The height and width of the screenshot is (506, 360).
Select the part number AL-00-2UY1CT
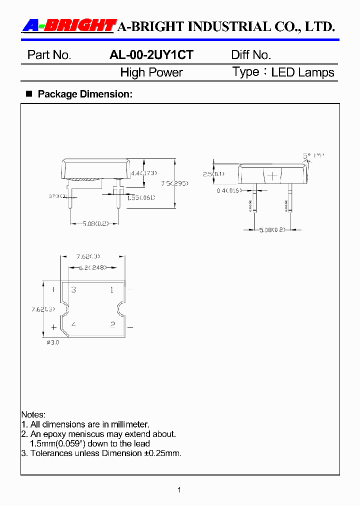(151, 55)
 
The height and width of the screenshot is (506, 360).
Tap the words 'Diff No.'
(250, 55)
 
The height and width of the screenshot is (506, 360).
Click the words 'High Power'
(151, 72)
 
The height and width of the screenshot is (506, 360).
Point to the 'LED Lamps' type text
(302, 72)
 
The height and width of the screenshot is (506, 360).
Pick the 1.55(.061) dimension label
(140, 198)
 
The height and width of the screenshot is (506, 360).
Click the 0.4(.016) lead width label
(229, 190)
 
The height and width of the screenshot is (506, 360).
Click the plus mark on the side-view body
(272, 176)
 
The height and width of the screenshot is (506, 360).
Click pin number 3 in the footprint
(73, 290)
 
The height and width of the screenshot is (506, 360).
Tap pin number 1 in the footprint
(112, 290)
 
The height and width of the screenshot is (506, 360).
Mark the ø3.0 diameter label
(52, 342)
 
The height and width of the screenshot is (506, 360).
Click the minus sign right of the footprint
(130, 327)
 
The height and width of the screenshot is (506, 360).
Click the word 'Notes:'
(33, 415)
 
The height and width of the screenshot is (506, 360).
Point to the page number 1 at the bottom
(179, 490)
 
